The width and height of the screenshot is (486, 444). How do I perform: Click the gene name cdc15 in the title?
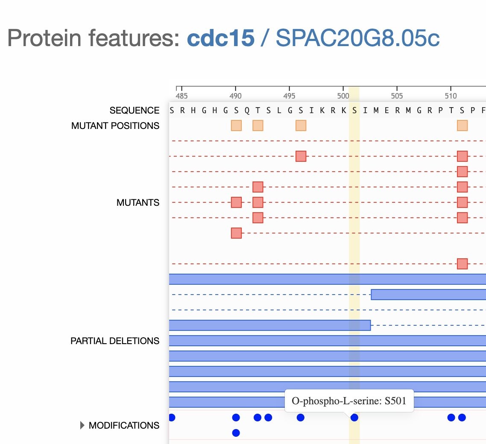221,38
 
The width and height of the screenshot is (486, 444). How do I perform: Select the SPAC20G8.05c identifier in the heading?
358,38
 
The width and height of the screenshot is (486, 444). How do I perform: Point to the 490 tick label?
235,96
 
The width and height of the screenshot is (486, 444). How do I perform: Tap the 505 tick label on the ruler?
397,96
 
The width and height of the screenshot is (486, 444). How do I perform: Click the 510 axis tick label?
451,96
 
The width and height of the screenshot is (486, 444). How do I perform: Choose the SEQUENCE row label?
134,110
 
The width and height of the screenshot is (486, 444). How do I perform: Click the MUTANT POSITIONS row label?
115,126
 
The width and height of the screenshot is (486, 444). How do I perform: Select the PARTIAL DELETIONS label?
115,341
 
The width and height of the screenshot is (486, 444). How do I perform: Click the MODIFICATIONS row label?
124,425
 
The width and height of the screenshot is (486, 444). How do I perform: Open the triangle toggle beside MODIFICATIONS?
82,425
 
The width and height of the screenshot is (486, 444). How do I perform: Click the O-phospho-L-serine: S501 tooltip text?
349,400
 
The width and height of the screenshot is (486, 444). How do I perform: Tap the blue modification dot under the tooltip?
354,418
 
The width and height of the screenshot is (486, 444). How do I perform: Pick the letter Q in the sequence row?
247,111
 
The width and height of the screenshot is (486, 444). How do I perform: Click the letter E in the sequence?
386,110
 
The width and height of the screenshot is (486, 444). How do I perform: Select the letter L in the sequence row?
279,110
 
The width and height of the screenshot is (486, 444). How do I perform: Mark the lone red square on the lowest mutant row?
462,264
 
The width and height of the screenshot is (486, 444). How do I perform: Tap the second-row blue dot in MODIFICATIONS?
236,433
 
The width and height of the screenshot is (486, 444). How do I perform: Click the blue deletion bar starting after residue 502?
428,294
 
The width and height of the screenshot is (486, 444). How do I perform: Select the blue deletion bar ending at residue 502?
269,325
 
